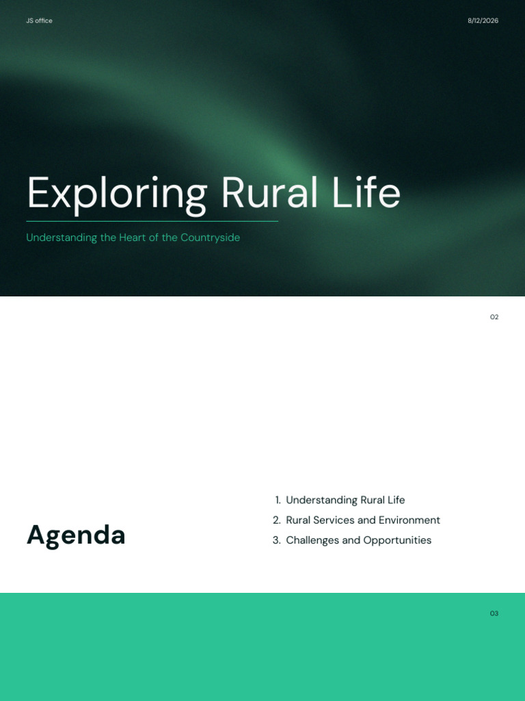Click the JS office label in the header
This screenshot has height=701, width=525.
[39, 21]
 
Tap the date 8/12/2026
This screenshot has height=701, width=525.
[483, 21]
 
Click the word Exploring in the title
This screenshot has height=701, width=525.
[117, 193]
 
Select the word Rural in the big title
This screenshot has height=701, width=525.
[269, 192]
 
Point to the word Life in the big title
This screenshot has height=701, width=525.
[366, 192]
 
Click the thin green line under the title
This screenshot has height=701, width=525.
[152, 221]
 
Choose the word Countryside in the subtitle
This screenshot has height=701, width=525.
[211, 238]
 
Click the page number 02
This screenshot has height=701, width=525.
[494, 317]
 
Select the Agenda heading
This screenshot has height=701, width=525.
[76, 535]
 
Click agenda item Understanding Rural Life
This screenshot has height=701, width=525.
[345, 500]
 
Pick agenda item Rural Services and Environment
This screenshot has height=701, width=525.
[363, 520]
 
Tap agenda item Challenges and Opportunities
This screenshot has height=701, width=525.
[358, 541]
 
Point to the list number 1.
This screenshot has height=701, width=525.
[278, 500]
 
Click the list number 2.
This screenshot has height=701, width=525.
[277, 520]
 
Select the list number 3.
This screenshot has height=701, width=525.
[277, 540]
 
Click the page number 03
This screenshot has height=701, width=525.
[494, 613]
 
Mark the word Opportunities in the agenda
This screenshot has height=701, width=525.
[397, 541]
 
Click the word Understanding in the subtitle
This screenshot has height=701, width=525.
[62, 238]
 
